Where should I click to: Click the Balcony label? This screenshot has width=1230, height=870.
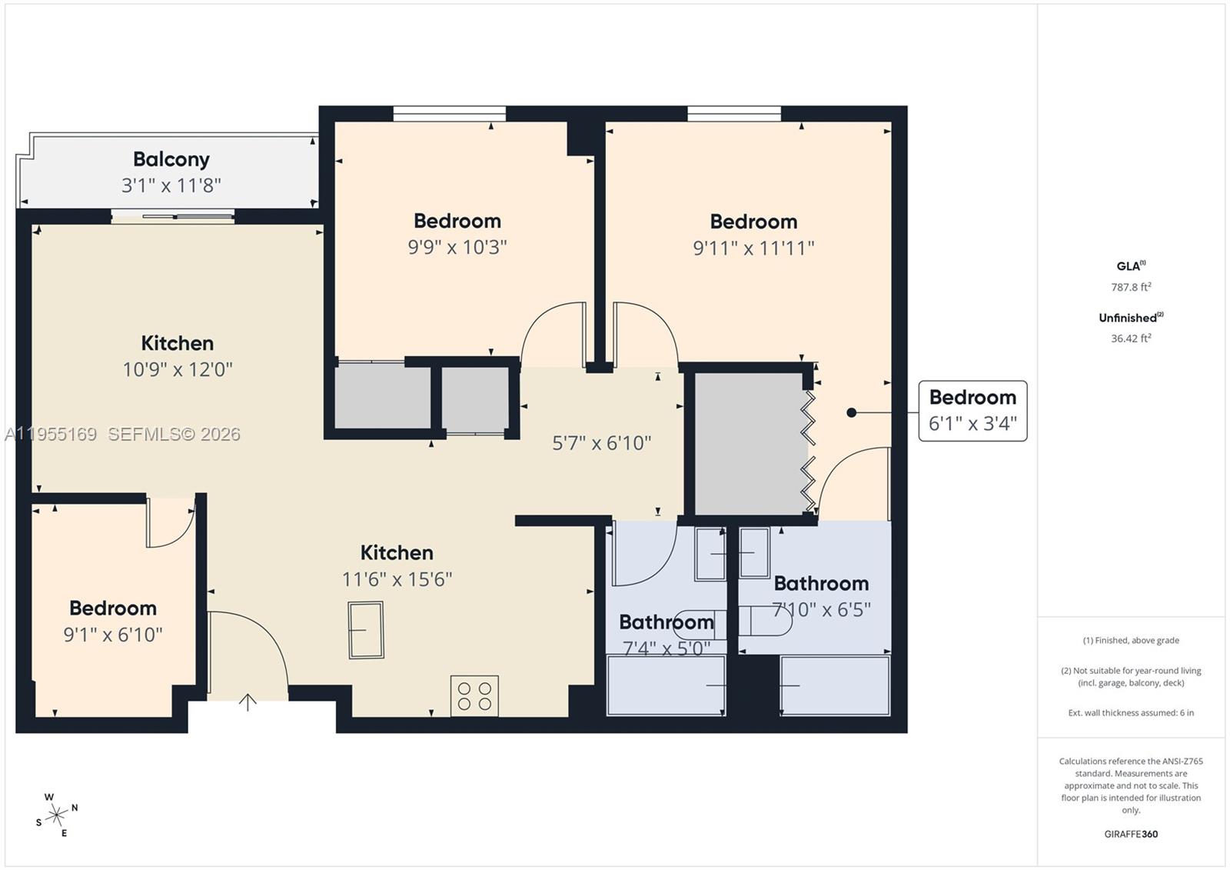(x=171, y=159)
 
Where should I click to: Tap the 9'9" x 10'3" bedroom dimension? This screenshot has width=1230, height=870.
(x=457, y=247)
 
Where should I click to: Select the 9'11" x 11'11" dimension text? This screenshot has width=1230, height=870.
(x=753, y=248)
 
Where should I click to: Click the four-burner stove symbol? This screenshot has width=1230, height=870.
(x=474, y=695)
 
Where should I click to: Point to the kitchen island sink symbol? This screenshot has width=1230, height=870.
(x=366, y=630)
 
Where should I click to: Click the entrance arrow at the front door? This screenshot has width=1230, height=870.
(x=248, y=702)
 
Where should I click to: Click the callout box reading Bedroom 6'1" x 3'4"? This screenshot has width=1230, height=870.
(x=972, y=411)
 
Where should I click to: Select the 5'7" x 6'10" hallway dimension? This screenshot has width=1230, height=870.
(x=601, y=442)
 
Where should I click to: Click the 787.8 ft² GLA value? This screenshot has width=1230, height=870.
(x=1131, y=287)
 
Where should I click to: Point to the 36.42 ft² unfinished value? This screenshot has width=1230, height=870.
(x=1131, y=338)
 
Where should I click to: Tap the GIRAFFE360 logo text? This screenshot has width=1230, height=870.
(x=1131, y=834)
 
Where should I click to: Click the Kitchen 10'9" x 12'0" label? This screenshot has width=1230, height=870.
(x=178, y=355)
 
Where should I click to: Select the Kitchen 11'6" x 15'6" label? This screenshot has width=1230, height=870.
(x=397, y=565)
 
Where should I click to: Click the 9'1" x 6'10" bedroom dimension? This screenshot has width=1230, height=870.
(x=113, y=635)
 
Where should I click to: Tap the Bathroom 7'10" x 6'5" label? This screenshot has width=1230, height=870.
(x=821, y=595)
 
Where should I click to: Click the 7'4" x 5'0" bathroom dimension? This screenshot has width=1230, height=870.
(x=666, y=648)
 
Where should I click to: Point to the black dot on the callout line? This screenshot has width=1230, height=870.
(x=851, y=412)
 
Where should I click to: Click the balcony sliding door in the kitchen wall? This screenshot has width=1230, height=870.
(x=172, y=217)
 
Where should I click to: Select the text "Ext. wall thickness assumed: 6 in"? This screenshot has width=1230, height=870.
(x=1131, y=712)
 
